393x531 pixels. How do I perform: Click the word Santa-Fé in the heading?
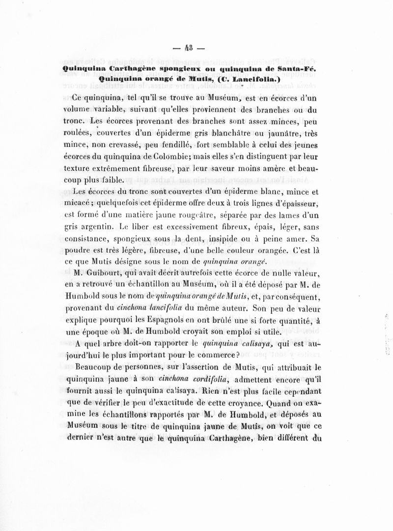[299, 69]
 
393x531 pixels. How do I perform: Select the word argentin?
[101, 228]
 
